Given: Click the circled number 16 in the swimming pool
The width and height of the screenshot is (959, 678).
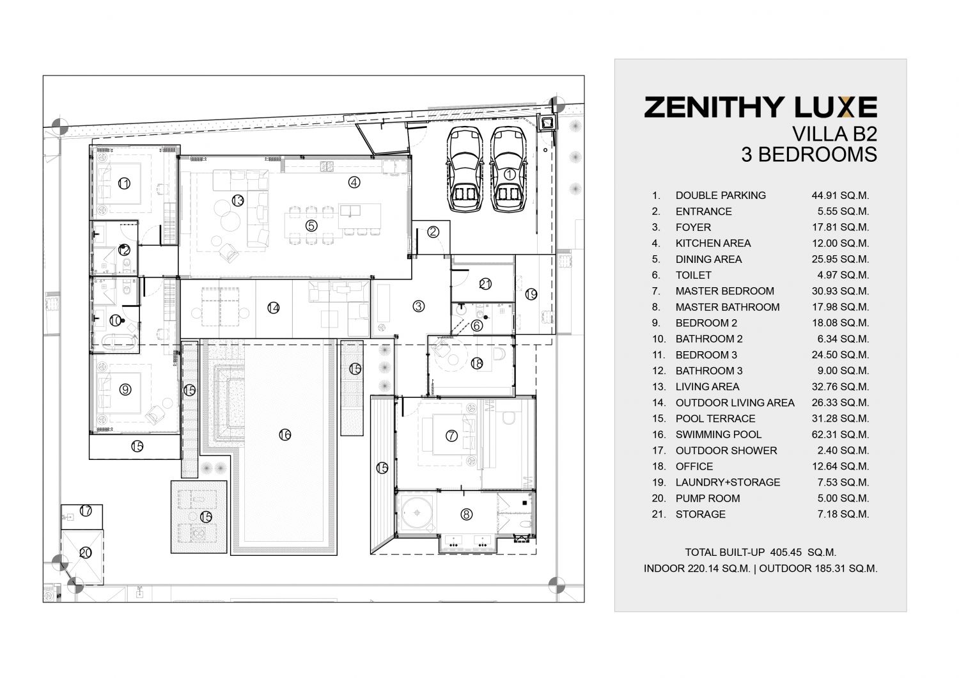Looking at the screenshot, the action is [285, 435].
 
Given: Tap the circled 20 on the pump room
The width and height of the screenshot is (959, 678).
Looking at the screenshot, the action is [86, 553].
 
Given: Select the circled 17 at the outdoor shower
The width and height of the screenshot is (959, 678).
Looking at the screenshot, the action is [86, 510].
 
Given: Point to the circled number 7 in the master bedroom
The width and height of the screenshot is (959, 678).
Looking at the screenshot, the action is [451, 436].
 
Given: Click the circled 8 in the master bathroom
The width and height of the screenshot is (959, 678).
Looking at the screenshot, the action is [466, 514].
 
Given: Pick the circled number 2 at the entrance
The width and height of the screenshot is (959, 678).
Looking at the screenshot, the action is [433, 232].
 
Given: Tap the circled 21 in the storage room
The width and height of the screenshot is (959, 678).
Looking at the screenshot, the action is [485, 284].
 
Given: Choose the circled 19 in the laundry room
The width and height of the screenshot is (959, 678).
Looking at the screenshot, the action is [531, 295].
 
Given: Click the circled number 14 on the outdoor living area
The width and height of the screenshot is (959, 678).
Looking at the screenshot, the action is [273, 308].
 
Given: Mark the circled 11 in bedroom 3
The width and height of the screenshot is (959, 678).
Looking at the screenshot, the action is [124, 184].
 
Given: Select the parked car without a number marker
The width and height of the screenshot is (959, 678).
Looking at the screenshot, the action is [465, 169].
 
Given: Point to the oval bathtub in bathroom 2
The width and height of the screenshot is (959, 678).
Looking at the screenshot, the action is [120, 343].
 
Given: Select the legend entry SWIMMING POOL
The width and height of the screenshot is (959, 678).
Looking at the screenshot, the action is [719, 435].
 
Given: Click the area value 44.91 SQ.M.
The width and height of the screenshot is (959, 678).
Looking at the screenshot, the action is [840, 196].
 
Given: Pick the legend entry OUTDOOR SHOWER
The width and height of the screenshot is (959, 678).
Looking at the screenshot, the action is [726, 450].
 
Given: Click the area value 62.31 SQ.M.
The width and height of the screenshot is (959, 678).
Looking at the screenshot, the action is [840, 435].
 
